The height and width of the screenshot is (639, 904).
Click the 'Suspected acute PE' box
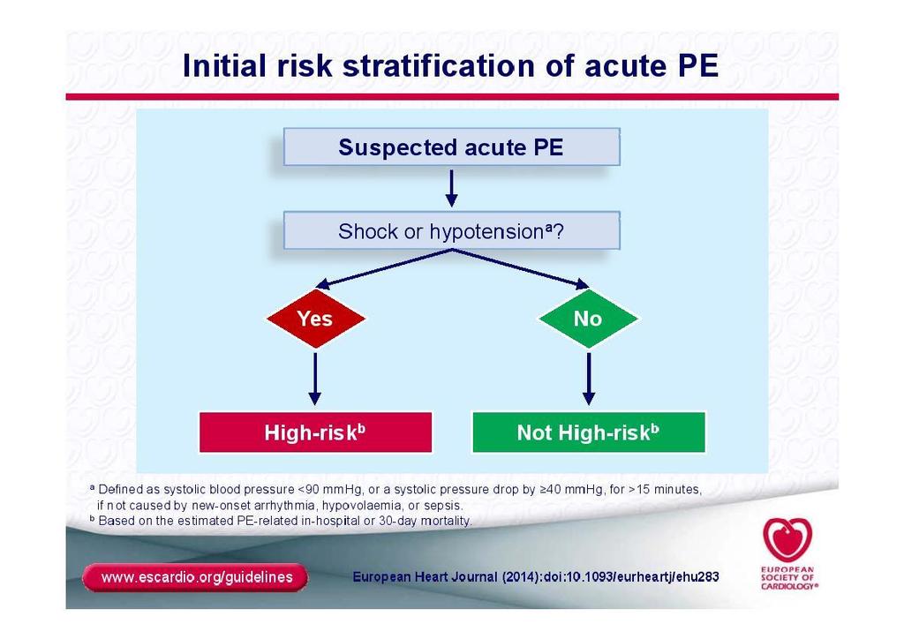451,147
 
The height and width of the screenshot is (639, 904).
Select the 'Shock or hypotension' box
451,230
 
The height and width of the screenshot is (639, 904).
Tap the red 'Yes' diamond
315,318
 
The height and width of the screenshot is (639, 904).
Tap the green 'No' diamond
588,318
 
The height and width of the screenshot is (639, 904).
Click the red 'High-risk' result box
315,432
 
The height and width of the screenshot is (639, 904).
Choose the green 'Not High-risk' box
589,432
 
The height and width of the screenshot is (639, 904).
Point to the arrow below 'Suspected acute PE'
451,188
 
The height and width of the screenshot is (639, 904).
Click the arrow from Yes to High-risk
315,379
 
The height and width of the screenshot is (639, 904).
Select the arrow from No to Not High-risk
589,379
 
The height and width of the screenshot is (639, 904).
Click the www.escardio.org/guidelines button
196,577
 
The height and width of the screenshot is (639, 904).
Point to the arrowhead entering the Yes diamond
323,283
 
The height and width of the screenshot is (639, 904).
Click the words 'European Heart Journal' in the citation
425,576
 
